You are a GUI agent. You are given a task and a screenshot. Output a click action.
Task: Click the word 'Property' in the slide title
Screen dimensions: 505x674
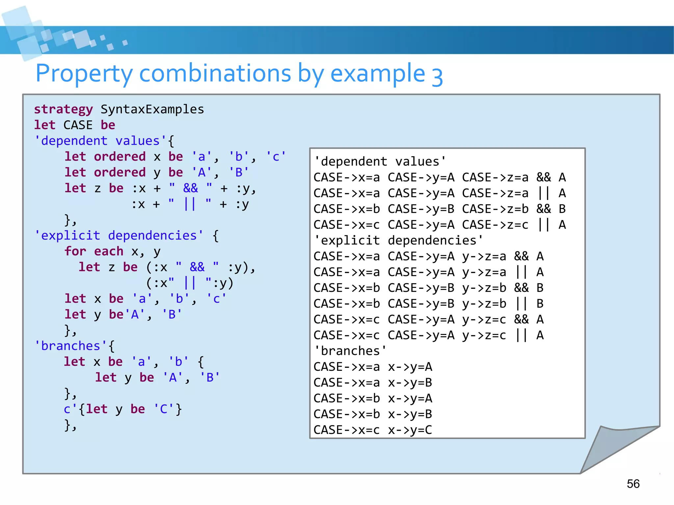tap(84, 73)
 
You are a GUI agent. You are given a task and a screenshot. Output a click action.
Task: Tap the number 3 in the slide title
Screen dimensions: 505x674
tap(437, 76)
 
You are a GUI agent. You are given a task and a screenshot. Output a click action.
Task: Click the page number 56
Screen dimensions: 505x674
tap(633, 484)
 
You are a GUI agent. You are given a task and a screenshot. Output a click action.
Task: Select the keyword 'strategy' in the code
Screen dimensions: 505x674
tap(64, 109)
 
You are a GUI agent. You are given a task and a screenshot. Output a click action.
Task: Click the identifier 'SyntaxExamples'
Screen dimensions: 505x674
tap(152, 109)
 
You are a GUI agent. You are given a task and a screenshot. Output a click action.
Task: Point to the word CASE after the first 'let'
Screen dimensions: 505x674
tap(78, 125)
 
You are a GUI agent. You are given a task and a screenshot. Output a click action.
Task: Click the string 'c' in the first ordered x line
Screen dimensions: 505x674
tap(276, 157)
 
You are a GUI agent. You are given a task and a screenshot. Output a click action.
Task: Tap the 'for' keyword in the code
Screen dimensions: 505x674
tap(75, 251)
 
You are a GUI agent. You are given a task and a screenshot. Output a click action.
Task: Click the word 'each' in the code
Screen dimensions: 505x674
tap(108, 251)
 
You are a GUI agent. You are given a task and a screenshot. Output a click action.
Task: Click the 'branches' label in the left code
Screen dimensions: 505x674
tap(71, 346)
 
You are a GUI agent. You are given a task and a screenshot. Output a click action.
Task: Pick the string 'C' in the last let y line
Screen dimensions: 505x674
tap(164, 409)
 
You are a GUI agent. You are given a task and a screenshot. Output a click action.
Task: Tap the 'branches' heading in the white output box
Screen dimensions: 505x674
tap(350, 351)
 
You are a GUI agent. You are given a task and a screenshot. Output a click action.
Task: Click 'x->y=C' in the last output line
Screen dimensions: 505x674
tap(410, 430)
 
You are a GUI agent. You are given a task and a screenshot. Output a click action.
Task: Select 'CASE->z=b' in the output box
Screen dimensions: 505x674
tap(495, 209)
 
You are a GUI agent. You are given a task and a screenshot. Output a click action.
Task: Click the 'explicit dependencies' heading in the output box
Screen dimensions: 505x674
tap(398, 240)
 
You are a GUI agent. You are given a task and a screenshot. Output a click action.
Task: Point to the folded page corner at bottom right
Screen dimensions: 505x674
tap(612, 451)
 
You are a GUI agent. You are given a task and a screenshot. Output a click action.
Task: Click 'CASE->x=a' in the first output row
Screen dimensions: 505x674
tap(346, 177)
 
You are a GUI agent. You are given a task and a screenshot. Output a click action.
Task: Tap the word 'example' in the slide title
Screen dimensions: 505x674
tap(377, 73)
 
